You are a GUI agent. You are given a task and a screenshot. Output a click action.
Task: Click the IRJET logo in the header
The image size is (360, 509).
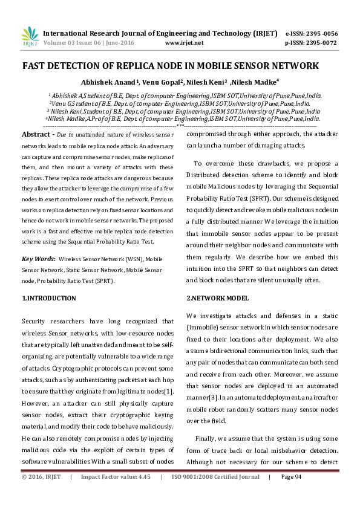pos(29,37)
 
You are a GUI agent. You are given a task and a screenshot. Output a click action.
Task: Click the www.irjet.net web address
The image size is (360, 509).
pos(183,43)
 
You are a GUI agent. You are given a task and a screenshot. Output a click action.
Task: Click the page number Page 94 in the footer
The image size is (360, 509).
pos(292,494)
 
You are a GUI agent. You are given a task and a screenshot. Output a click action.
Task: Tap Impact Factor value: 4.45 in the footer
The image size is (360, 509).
pos(115,494)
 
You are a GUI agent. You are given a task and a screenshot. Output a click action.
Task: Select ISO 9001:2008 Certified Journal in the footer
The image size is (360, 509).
pos(215,494)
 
